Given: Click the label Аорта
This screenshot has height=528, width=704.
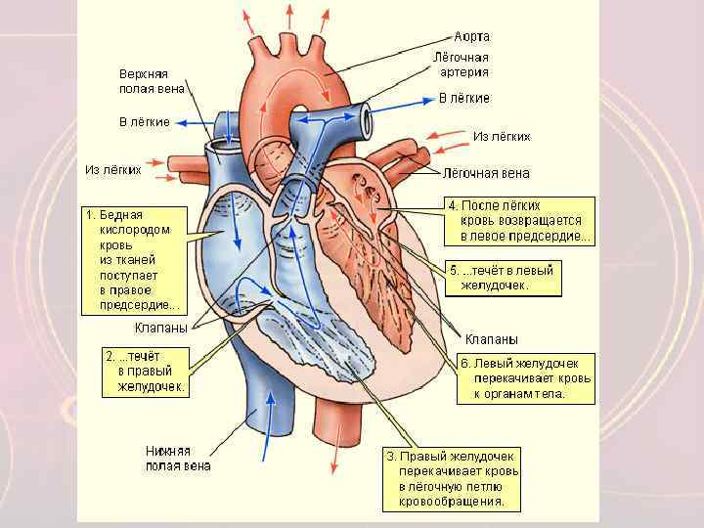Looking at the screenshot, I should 472,36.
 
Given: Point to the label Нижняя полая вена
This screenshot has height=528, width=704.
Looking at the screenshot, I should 178,459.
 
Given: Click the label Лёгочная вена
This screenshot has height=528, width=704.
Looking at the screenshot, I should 487,173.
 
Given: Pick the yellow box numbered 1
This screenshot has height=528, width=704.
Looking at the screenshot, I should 134,259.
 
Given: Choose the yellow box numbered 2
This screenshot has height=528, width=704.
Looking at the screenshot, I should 146,372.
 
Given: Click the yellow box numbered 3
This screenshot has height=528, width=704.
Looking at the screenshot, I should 451,479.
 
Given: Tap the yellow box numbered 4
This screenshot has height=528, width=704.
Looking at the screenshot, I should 519,221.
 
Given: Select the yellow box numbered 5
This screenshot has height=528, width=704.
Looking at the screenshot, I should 504,278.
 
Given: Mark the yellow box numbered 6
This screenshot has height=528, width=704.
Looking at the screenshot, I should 525,378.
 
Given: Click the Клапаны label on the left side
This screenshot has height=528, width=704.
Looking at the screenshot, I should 160,328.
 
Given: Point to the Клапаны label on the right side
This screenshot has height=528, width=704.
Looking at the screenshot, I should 491,338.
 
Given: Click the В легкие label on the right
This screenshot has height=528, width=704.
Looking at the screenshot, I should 463,98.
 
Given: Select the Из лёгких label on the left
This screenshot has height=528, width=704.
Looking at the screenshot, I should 113,169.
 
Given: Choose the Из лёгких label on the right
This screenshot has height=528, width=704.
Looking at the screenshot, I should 502,136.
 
